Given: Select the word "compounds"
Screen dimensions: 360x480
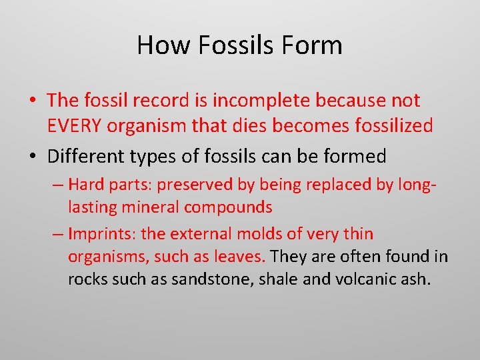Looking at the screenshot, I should point(229,207).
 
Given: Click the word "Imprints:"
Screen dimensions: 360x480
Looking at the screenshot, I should point(97,234).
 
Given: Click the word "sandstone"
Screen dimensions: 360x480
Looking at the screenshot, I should point(204,279).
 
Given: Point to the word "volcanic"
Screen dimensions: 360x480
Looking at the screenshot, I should point(360,279).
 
